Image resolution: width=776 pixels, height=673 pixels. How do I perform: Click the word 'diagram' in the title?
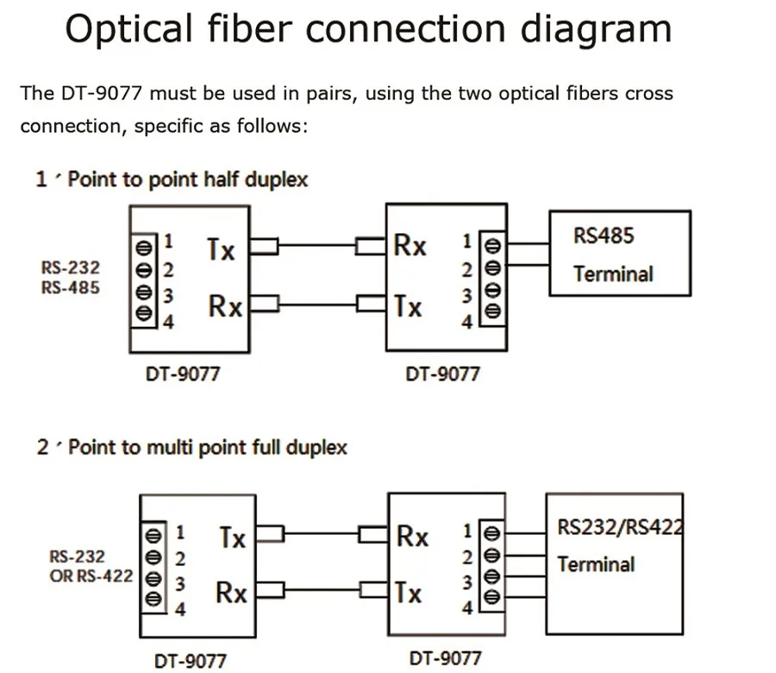click(x=596, y=29)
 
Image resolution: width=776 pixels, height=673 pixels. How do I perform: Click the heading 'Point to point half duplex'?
click(x=187, y=179)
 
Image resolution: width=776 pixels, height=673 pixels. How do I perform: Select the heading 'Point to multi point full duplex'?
click(x=207, y=447)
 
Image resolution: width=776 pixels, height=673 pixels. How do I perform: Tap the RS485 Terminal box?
click(x=619, y=255)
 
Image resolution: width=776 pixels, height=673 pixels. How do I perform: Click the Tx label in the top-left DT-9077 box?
click(x=221, y=249)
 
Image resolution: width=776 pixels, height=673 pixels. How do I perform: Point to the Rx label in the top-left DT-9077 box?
click(x=225, y=305)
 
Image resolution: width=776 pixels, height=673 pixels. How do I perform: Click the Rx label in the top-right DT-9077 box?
click(x=410, y=246)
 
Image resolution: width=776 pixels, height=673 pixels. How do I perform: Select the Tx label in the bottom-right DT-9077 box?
click(x=408, y=593)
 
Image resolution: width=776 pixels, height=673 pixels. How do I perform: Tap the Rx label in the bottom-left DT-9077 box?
click(x=230, y=593)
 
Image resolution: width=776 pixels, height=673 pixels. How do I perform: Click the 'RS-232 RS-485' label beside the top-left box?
click(x=70, y=278)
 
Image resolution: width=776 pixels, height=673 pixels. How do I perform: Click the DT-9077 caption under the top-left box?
click(x=180, y=374)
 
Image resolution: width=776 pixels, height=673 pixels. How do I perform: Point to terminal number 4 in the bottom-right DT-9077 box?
click(x=466, y=607)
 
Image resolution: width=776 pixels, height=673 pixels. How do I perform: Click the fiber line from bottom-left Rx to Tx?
click(x=320, y=591)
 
